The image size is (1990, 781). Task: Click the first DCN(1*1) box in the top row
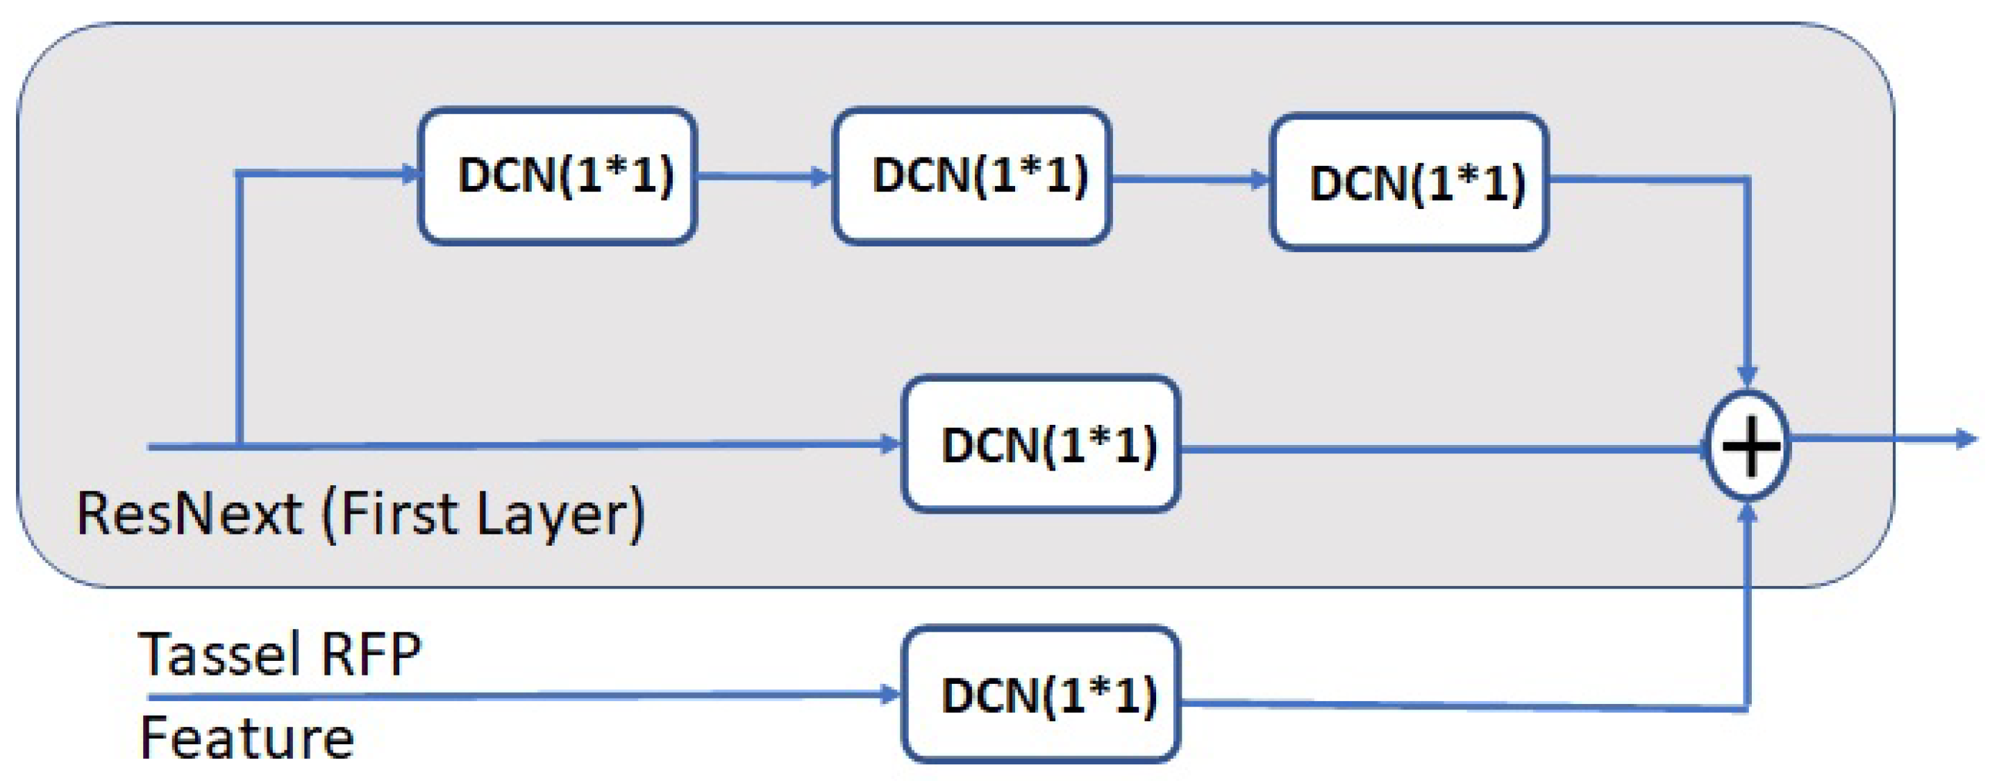pyautogui.click(x=558, y=176)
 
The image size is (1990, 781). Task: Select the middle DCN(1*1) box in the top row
pyautogui.click(x=972, y=176)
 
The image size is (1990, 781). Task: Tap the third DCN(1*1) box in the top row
pyautogui.click(x=1409, y=183)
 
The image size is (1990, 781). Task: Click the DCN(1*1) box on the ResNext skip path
pyautogui.click(x=1041, y=444)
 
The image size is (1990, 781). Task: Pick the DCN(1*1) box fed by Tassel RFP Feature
pyautogui.click(x=1041, y=694)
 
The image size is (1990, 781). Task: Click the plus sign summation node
pyautogui.click(x=1748, y=446)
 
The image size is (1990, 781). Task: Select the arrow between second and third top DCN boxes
pyautogui.click(x=1189, y=179)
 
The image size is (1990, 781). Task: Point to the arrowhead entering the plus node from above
pyautogui.click(x=1748, y=376)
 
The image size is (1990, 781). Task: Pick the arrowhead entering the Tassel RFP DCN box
pyautogui.click(x=890, y=694)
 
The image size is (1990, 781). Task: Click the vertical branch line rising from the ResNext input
pyautogui.click(x=240, y=309)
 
